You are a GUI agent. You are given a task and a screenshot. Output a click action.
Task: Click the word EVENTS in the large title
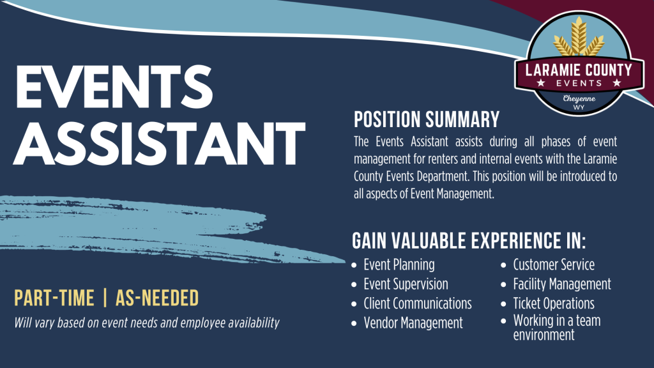(x=114, y=88)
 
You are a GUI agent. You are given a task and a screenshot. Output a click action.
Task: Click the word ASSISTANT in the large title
(x=159, y=144)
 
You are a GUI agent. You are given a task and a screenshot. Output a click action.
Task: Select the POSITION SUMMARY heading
(x=426, y=119)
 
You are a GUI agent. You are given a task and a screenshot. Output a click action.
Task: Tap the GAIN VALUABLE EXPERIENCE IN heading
(x=469, y=241)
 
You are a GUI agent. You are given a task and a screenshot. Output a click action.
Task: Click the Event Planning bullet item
(x=399, y=264)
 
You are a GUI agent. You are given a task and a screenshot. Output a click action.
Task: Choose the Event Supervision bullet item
(x=406, y=284)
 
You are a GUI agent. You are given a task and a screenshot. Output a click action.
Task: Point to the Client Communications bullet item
(x=418, y=303)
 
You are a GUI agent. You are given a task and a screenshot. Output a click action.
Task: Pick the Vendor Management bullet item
(x=413, y=323)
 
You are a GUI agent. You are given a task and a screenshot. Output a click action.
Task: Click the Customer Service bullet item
(x=554, y=264)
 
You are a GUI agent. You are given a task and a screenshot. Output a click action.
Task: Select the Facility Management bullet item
(x=562, y=284)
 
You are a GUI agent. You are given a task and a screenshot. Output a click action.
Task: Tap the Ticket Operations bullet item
(x=554, y=303)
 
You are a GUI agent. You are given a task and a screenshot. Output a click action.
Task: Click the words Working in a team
(x=557, y=321)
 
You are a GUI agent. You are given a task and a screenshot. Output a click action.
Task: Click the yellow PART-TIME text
(x=54, y=298)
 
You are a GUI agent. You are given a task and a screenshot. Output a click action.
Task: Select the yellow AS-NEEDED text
(x=157, y=298)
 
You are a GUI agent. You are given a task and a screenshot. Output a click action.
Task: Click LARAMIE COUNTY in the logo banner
(x=579, y=70)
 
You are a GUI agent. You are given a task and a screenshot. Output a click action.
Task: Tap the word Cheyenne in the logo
(x=579, y=99)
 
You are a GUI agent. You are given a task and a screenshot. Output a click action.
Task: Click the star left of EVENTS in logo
(x=541, y=83)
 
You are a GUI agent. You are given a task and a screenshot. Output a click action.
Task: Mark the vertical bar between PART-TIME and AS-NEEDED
(x=105, y=298)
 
